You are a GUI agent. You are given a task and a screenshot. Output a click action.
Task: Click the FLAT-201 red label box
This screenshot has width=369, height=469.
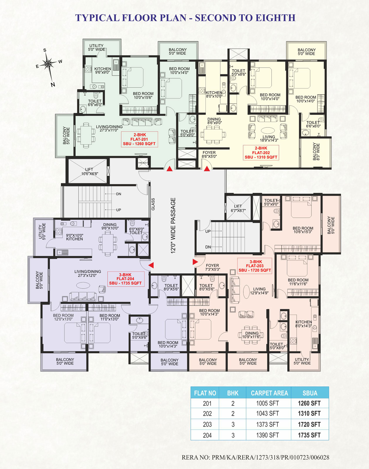tap(139, 139)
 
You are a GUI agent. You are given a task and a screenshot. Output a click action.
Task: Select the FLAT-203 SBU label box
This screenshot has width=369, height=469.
tap(255, 266)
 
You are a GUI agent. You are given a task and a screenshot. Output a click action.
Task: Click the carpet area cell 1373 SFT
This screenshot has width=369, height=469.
tap(267, 424)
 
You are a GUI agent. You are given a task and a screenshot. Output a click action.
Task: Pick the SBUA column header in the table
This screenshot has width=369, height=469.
tap(310, 393)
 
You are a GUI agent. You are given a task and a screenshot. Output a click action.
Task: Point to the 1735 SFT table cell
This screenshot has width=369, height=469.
tap(309, 435)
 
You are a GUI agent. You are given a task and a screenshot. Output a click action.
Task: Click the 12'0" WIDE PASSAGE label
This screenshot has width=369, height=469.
tap(173, 226)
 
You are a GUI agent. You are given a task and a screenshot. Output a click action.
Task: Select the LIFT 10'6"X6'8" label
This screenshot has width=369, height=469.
tap(89, 172)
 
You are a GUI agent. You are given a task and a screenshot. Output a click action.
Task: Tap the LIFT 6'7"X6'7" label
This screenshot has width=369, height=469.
tap(238, 208)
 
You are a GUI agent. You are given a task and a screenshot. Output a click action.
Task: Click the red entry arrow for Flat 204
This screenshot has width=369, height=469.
tap(151, 265)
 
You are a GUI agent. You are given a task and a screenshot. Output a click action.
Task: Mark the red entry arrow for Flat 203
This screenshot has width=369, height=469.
tap(195, 262)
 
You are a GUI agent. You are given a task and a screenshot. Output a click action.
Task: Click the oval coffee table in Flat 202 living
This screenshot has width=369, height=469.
tap(268, 130)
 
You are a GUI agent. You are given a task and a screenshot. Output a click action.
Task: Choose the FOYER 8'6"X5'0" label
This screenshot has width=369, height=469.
tap(209, 154)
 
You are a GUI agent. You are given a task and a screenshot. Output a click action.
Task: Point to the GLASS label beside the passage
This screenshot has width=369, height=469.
tap(153, 204)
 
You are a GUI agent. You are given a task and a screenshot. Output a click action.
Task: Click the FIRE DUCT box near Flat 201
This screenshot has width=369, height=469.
tap(143, 163)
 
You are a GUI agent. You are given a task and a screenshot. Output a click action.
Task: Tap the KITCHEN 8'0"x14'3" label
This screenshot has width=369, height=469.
tap(304, 324)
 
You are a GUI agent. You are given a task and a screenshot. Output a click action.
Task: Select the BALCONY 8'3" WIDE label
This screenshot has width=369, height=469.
tap(316, 152)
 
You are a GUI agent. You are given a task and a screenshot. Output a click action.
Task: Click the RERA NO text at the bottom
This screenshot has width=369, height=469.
tap(255, 457)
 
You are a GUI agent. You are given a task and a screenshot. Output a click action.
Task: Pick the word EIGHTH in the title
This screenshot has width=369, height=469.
tap(275, 18)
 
